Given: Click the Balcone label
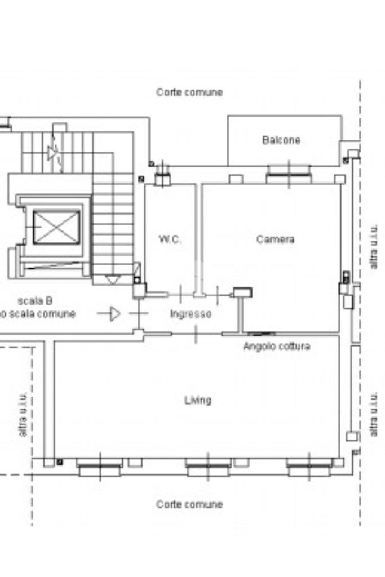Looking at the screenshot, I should coord(281,140).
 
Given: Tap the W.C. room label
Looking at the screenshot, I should coord(170,239).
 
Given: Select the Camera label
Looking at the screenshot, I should coord(275,239).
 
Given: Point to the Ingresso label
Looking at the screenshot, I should coord(191,314).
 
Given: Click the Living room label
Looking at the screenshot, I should coord(198,400).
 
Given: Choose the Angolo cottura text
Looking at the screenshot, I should coord(276,346).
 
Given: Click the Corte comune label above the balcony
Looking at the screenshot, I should coord(189,92).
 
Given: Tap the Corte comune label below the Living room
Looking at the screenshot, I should coord(189,504).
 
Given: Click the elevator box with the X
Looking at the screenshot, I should coord(56,227).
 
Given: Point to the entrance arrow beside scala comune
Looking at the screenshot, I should coord(114,313).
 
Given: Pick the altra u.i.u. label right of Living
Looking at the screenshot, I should coord(374,415).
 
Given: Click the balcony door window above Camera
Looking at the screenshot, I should coord(289,174).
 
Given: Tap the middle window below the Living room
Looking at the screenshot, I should coord(208,467).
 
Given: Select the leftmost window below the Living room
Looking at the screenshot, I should coord(100,467).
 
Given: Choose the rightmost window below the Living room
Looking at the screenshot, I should coord(309,467).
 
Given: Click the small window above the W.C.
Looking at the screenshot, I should coord(162,178).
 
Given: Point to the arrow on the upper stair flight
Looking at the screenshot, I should coord(53,152).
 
